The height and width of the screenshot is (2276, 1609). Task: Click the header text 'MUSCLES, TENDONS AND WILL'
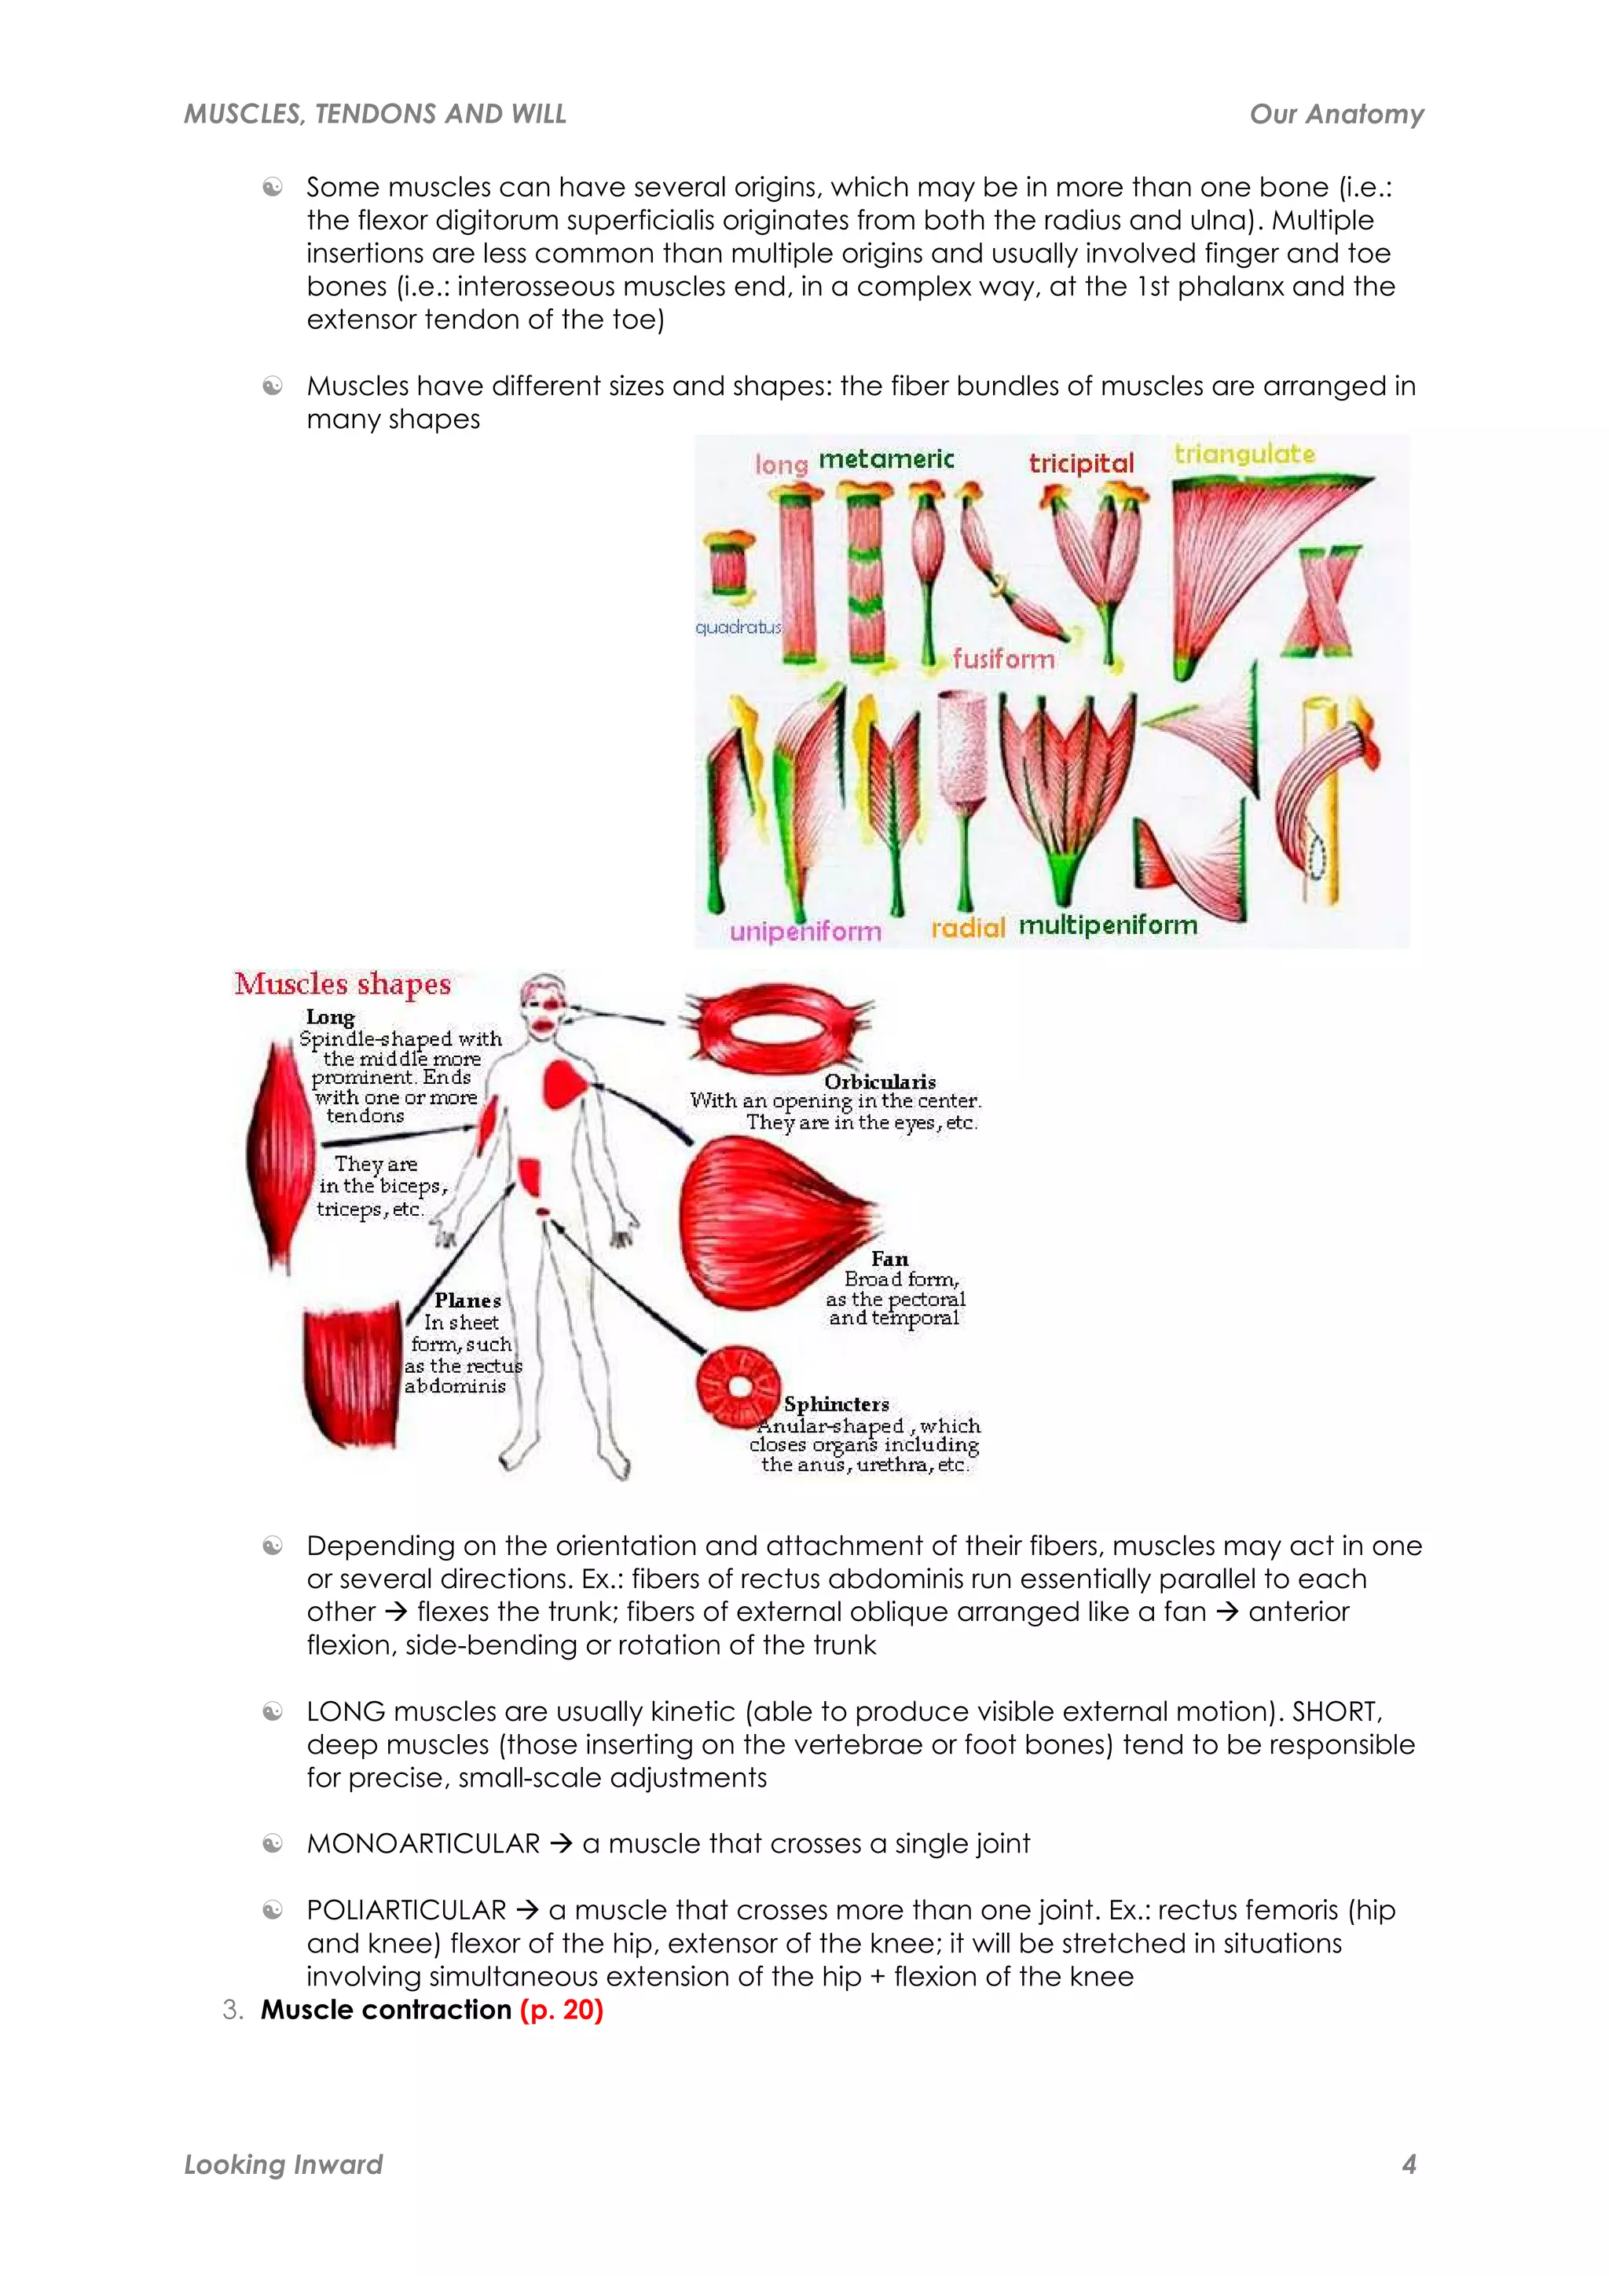(x=375, y=114)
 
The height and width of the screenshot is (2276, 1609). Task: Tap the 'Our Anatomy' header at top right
(x=1336, y=114)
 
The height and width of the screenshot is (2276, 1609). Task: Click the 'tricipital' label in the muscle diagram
(x=1080, y=463)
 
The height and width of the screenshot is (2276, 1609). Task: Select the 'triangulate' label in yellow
(x=1244, y=454)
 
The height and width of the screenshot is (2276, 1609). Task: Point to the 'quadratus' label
(x=738, y=627)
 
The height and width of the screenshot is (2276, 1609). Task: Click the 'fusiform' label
(x=1003, y=658)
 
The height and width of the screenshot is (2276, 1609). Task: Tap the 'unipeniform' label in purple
(x=805, y=931)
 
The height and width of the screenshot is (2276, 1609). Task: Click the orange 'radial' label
(x=968, y=928)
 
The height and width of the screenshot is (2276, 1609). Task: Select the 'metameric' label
(x=885, y=459)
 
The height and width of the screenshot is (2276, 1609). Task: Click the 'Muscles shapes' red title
(x=342, y=983)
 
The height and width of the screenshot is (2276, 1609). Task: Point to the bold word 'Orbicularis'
(x=879, y=1081)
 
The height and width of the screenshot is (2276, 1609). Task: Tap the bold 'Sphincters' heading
(x=836, y=1403)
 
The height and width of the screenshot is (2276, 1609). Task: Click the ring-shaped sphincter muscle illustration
(x=738, y=1385)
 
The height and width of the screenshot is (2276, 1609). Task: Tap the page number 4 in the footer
(x=1408, y=2164)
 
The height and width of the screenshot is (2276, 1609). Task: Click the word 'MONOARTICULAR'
(x=423, y=1844)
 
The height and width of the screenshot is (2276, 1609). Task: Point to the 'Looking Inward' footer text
(x=284, y=2164)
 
